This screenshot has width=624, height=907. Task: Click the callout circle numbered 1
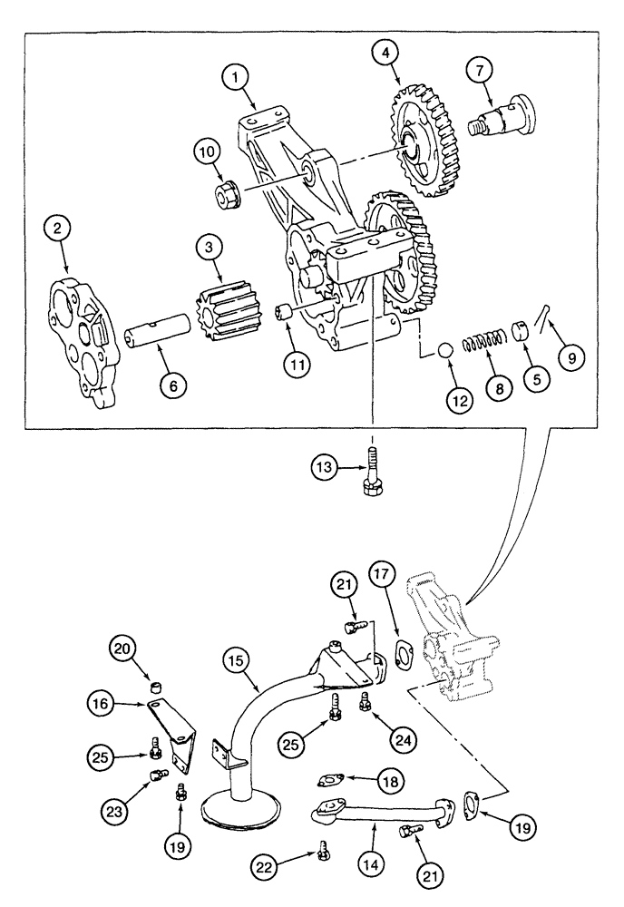pos(238,79)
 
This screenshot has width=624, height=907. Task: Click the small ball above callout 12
pos(445,351)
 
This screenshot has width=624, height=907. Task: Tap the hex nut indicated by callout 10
pos(225,192)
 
